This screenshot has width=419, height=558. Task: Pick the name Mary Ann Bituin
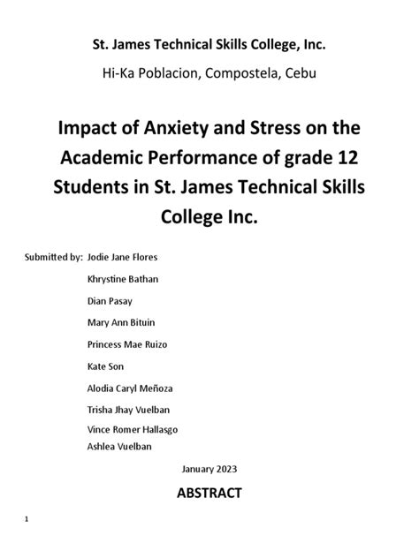click(119, 321)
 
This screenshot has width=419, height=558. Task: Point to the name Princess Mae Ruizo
click(127, 343)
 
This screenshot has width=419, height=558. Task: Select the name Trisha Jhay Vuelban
click(127, 408)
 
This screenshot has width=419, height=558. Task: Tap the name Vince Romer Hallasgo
click(131, 429)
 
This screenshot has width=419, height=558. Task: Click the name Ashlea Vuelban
click(119, 446)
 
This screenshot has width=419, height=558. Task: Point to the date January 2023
click(209, 468)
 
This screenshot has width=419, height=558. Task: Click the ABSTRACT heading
click(209, 493)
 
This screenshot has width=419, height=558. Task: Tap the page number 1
click(28, 518)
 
